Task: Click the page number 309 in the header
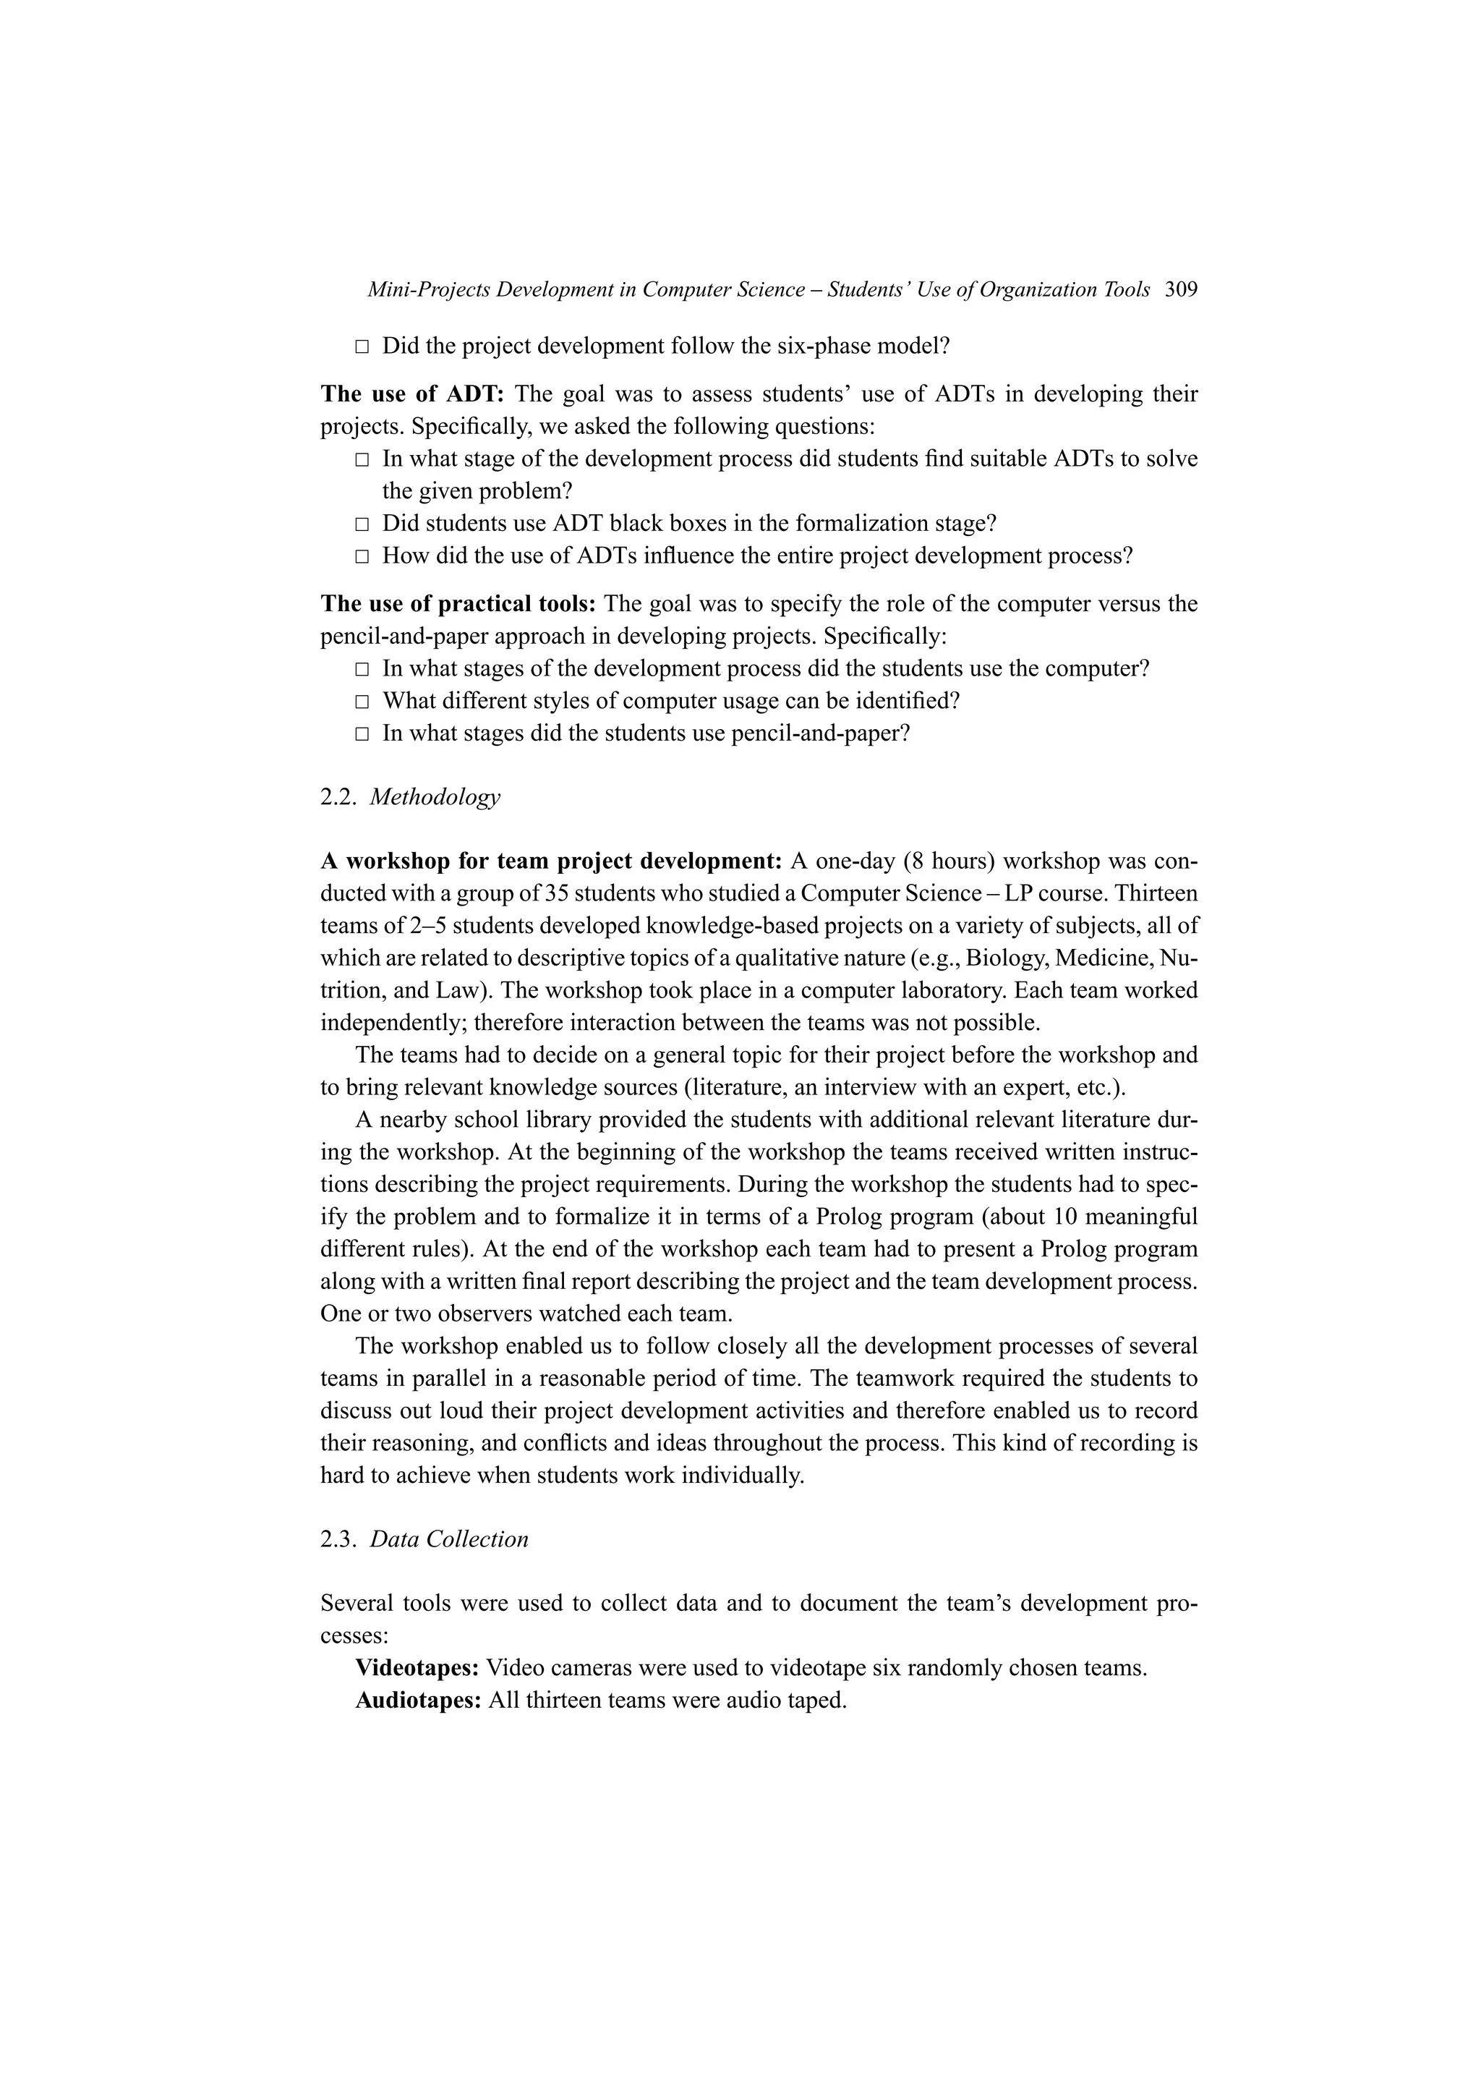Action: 1181,290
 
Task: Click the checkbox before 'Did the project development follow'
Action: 362,346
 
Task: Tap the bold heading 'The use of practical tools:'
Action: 458,604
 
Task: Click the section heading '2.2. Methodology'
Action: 410,797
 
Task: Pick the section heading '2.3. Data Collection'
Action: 424,1539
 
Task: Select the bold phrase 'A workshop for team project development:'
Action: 551,862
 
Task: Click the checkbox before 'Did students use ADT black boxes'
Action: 362,524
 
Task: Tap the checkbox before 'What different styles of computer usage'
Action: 362,702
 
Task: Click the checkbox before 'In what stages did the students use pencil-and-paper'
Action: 362,734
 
